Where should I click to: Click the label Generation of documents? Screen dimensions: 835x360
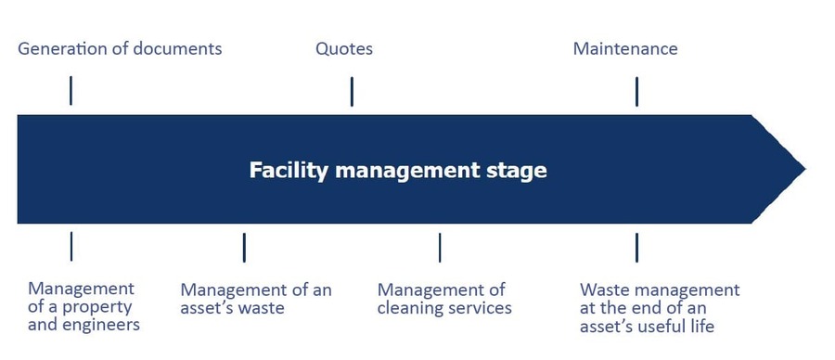(x=120, y=48)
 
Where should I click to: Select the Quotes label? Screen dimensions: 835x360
(x=343, y=48)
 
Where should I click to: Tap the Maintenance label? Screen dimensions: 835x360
(x=624, y=48)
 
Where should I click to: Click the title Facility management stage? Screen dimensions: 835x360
(x=397, y=171)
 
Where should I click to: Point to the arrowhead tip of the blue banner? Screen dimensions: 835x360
(x=803, y=170)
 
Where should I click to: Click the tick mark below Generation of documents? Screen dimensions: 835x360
(x=71, y=91)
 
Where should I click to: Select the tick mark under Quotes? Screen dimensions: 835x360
(x=352, y=91)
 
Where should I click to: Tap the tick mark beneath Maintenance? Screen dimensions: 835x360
(x=636, y=91)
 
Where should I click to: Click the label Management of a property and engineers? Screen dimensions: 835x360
(x=83, y=307)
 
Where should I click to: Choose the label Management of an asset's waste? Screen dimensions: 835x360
(x=255, y=299)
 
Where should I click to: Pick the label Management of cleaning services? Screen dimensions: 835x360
(x=443, y=299)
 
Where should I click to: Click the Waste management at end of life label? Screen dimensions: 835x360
(x=659, y=307)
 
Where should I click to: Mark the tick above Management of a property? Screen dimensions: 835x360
(x=71, y=247)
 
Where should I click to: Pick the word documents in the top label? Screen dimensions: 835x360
(x=176, y=48)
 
